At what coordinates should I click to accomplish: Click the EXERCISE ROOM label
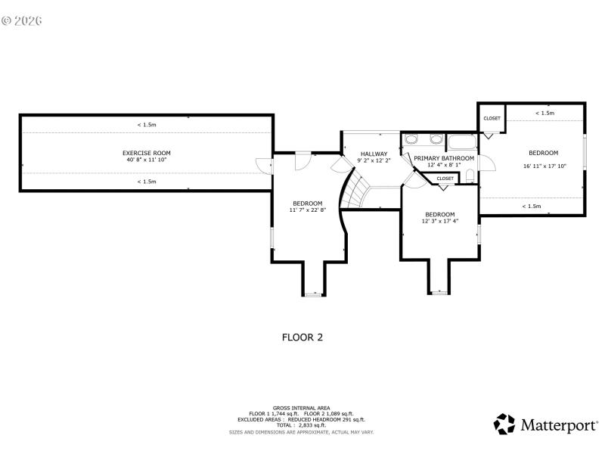click(146, 152)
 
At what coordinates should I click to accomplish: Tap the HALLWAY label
click(373, 154)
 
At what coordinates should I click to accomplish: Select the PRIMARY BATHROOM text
click(444, 158)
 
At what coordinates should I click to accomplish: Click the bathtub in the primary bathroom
click(461, 141)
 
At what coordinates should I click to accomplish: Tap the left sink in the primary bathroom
click(411, 139)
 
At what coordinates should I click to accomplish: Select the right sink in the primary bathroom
click(435, 139)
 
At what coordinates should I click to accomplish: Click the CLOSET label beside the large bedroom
click(492, 118)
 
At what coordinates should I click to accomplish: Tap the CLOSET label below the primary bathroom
click(445, 179)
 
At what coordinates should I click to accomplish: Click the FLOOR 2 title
click(302, 337)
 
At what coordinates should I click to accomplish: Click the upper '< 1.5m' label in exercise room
click(147, 124)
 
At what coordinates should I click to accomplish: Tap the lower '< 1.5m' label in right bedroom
click(532, 206)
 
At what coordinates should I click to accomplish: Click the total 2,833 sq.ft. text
click(302, 424)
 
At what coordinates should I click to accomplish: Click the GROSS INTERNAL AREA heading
click(302, 407)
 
